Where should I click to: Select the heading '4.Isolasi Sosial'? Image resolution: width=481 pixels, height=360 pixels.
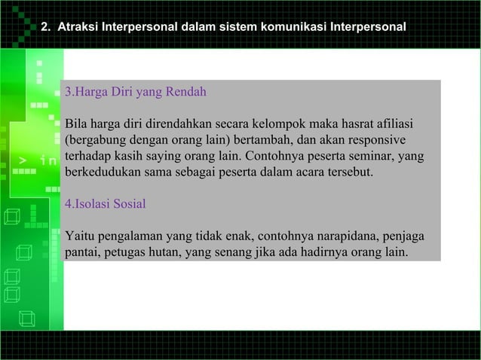106,204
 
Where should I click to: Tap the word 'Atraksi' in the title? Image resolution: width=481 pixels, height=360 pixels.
78,27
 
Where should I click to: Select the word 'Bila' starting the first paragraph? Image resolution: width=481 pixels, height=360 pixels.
76,124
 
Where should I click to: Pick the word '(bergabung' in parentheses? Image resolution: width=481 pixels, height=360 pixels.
95,141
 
